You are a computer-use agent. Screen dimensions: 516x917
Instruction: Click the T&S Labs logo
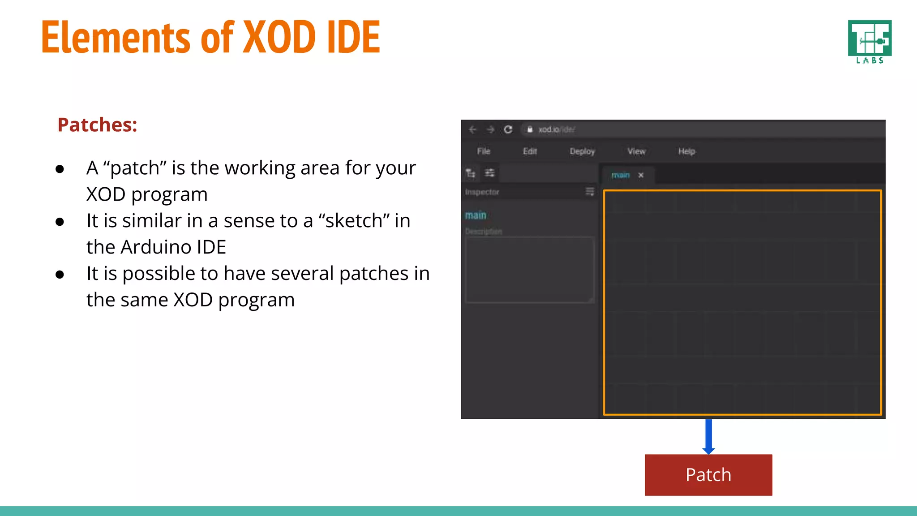[870, 42]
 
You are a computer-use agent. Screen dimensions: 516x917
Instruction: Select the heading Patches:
[97, 125]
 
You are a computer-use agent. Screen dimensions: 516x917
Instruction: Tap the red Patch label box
[708, 475]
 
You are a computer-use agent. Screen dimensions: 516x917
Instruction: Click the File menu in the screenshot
[484, 151]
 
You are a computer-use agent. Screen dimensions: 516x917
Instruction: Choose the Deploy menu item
[582, 151]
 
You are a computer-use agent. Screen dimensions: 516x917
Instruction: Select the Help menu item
[686, 151]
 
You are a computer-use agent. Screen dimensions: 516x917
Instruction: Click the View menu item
[636, 151]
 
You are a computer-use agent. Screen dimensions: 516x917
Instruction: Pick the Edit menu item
[530, 151]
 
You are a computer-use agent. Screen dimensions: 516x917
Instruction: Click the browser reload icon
[508, 129]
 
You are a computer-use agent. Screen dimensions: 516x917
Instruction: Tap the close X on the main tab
[641, 175]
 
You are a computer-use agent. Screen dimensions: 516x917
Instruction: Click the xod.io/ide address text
[557, 129]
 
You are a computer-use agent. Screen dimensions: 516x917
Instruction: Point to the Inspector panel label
[482, 192]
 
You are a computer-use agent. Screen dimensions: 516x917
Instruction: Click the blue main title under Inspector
[476, 215]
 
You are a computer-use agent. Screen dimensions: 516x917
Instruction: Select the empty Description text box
[530, 270]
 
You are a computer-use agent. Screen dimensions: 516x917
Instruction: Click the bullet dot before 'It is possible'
[60, 275]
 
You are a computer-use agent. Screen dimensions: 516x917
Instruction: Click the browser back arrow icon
[472, 129]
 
